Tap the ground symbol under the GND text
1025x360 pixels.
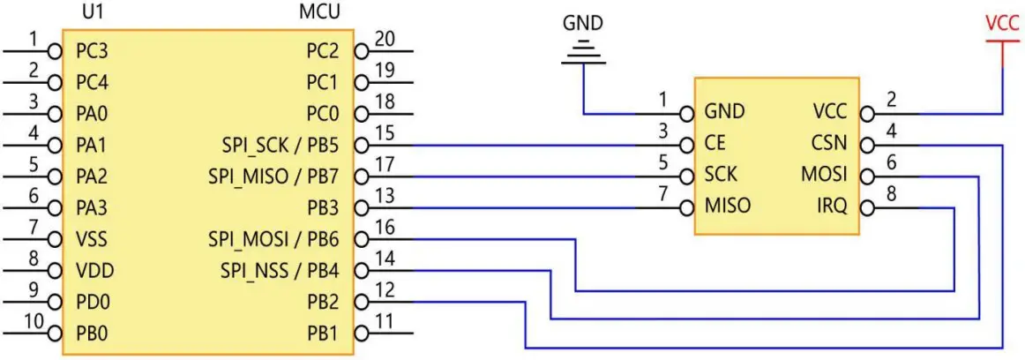583,54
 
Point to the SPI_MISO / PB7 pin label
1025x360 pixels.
274,176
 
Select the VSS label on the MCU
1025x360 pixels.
91,239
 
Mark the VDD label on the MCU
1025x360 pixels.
92,270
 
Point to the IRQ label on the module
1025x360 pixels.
832,206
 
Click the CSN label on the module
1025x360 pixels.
830,143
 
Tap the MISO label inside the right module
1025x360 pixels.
728,206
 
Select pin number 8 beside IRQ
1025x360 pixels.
891,195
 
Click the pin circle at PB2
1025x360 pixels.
360,302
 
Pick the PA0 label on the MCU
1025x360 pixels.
92,114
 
